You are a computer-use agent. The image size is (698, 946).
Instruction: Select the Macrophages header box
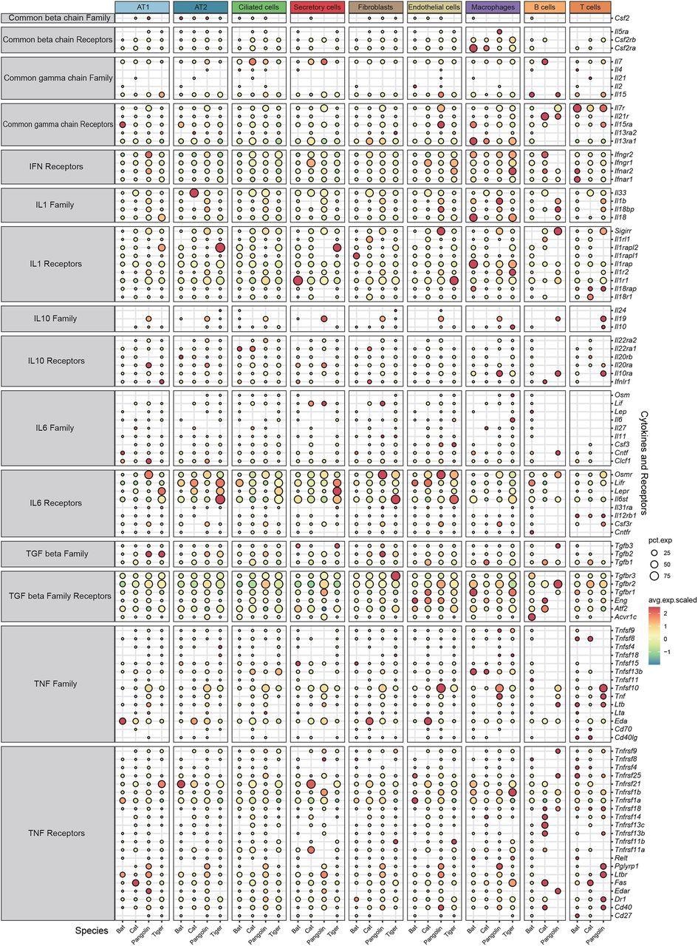[x=493, y=7]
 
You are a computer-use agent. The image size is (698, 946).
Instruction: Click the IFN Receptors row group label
[x=58, y=167]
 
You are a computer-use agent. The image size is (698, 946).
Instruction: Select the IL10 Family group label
[x=58, y=319]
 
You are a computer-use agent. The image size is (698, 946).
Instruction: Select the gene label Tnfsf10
[x=627, y=688]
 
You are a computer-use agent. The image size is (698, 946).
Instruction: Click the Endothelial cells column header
[x=434, y=7]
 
